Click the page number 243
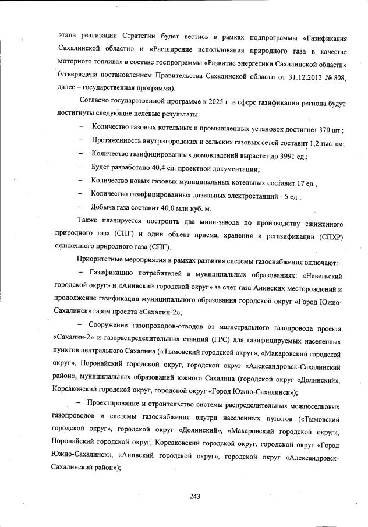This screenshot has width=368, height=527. coord(194,496)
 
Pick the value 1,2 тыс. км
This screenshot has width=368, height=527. coord(326,142)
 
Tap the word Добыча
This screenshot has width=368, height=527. coord(104,208)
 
